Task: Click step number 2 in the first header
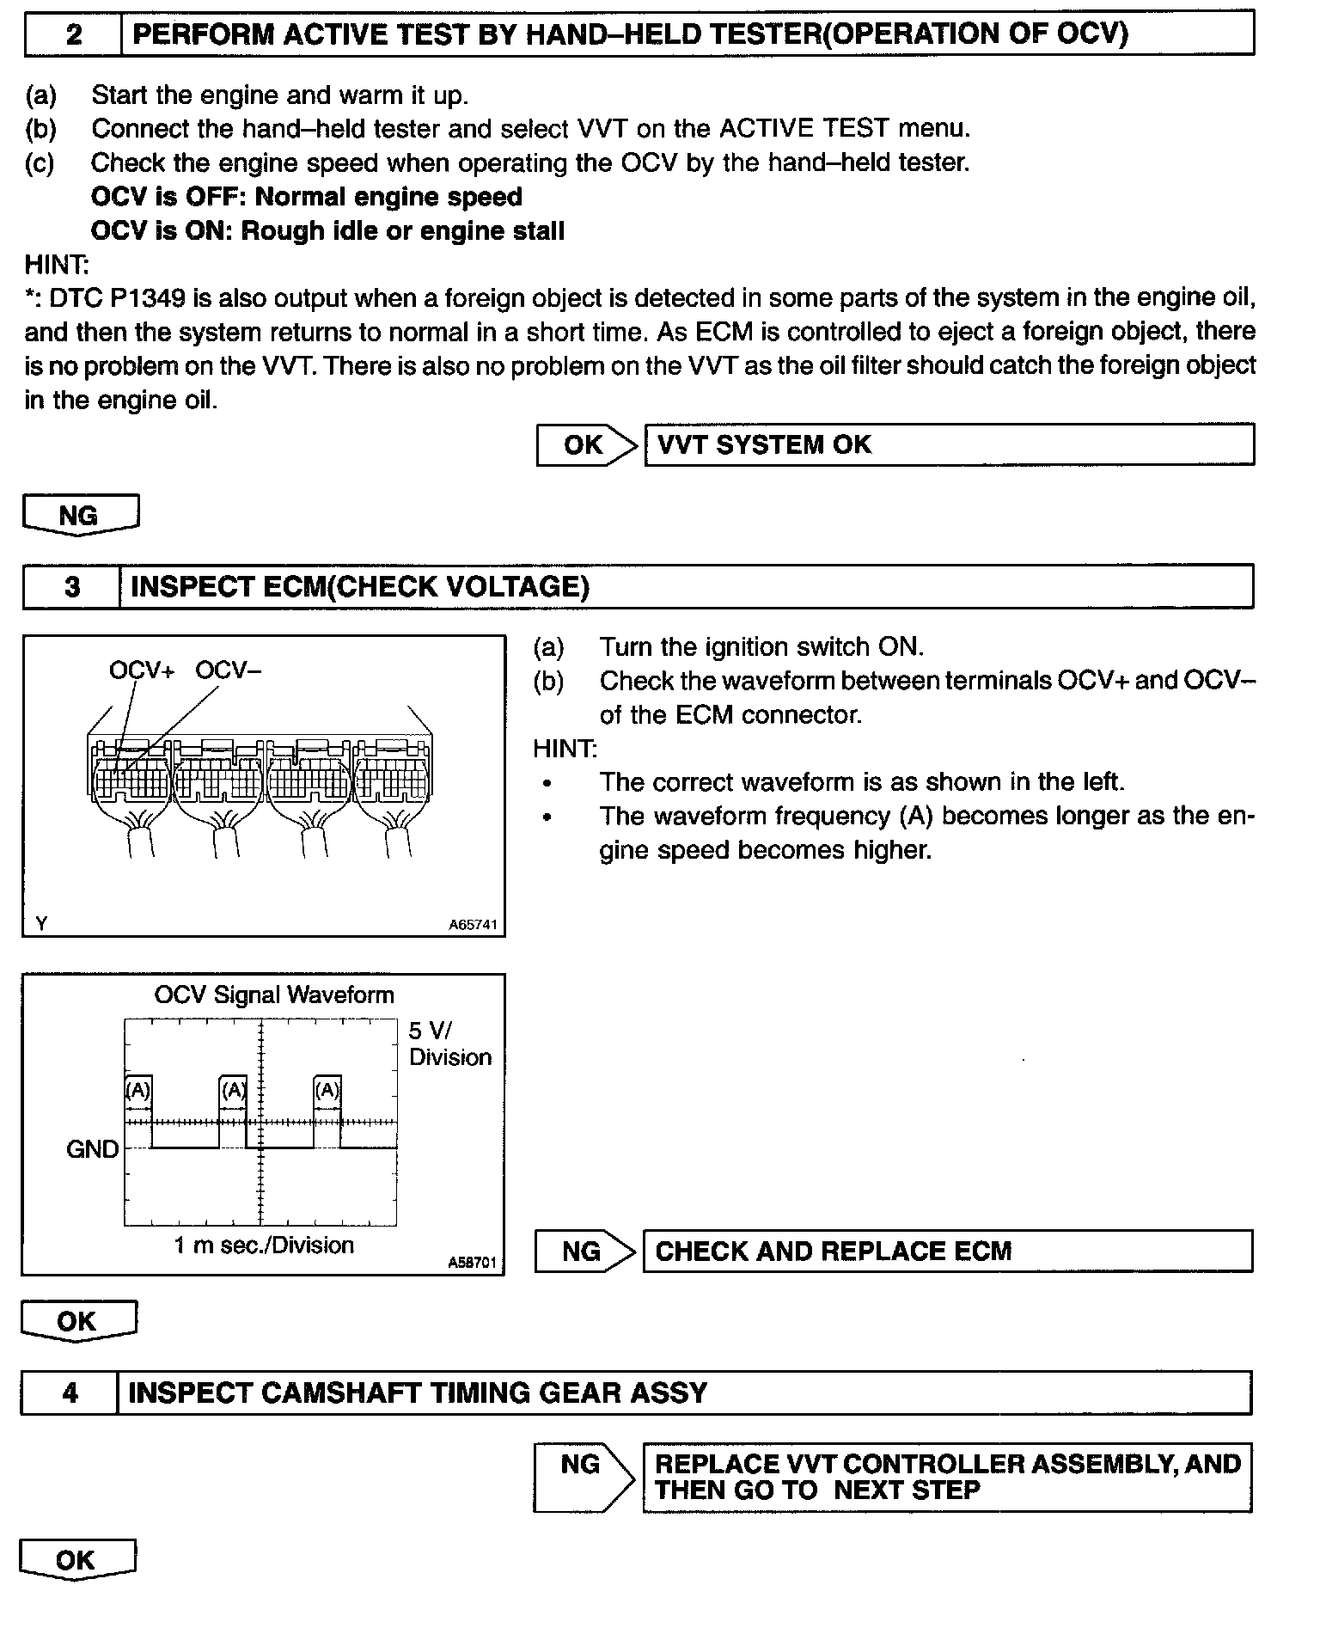74,35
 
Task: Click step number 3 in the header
72,587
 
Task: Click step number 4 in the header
70,1392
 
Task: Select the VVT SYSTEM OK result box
949,444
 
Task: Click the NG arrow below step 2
80,516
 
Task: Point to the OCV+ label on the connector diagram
141,670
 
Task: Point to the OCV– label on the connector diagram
228,670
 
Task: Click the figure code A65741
473,926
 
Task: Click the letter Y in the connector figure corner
41,924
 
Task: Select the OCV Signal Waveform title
273,995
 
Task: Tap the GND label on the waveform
92,1149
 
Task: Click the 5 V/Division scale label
449,1044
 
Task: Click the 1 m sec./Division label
264,1245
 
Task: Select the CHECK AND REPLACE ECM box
947,1251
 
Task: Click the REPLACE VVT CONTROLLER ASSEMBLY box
947,1477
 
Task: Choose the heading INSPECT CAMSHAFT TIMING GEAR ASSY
418,1392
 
